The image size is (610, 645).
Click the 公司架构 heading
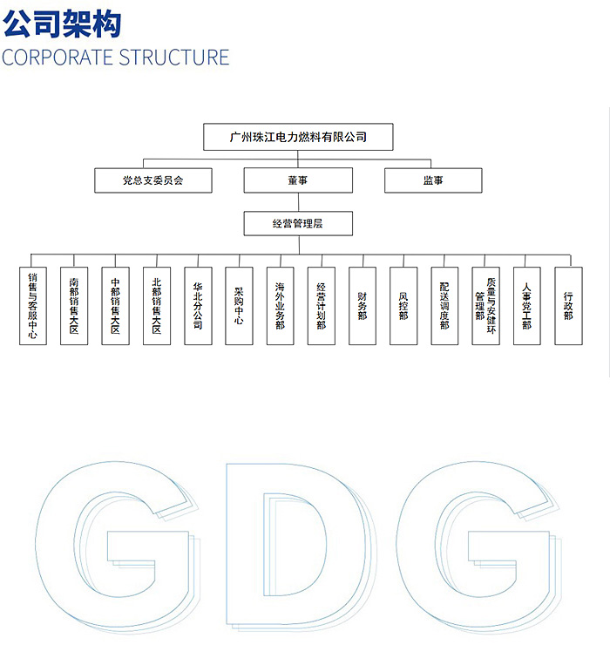(62, 24)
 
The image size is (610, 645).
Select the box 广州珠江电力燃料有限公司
(298, 137)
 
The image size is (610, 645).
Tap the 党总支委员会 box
(153, 180)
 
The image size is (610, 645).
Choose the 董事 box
(298, 180)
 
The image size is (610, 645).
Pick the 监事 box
(433, 180)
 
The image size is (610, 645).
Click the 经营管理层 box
(298, 223)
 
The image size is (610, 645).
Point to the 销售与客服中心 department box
(33, 306)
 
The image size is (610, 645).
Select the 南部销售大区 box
(74, 306)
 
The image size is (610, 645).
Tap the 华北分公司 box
(199, 306)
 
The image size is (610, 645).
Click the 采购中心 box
(239, 306)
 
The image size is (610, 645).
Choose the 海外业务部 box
(280, 306)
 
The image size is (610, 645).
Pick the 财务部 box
(363, 306)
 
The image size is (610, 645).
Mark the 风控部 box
(403, 306)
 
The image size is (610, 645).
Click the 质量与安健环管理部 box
(485, 306)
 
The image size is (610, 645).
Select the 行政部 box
(568, 306)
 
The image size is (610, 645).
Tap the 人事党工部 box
(527, 306)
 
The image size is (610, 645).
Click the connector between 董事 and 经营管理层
(299, 202)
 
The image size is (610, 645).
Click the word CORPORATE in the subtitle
(58, 58)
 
